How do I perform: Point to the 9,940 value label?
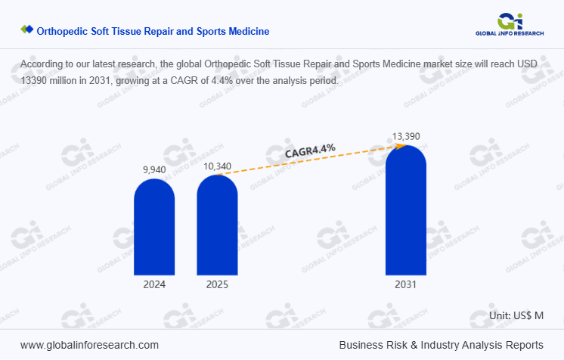tap(154, 170)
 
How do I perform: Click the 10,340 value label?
tap(217, 166)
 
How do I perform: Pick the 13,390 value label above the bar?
tap(406, 136)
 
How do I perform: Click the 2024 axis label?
tap(154, 285)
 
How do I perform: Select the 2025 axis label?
tap(217, 285)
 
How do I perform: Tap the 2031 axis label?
tap(405, 285)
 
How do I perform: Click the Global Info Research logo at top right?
tap(512, 23)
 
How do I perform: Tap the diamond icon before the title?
tap(26, 30)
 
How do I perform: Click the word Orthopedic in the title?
tap(62, 31)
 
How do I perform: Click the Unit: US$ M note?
tap(517, 315)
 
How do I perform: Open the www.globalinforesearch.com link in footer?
tap(89, 345)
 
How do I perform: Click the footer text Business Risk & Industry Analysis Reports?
tap(441, 345)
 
